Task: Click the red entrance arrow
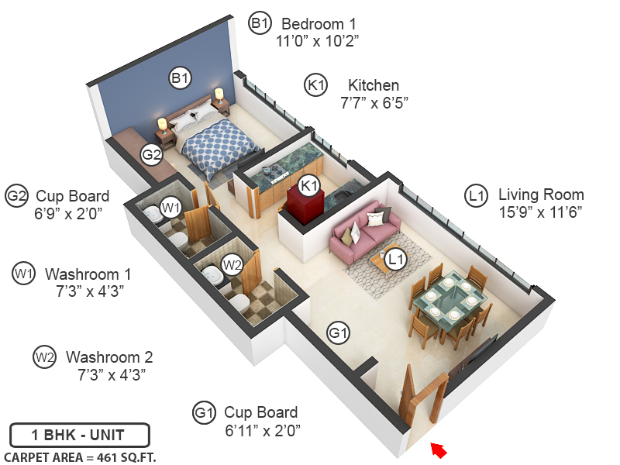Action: (x=439, y=449)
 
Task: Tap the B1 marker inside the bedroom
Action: (x=181, y=77)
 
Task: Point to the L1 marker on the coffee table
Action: (x=396, y=260)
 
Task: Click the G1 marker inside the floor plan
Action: (x=338, y=334)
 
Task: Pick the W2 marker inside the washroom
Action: (x=232, y=264)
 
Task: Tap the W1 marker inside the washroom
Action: (x=170, y=207)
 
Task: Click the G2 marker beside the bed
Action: (x=151, y=154)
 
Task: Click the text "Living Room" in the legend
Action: (x=541, y=195)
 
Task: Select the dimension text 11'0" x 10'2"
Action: (x=318, y=40)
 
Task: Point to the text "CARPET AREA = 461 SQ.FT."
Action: (x=80, y=457)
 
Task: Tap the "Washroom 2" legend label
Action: (x=109, y=357)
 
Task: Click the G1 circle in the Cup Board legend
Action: (x=204, y=413)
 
